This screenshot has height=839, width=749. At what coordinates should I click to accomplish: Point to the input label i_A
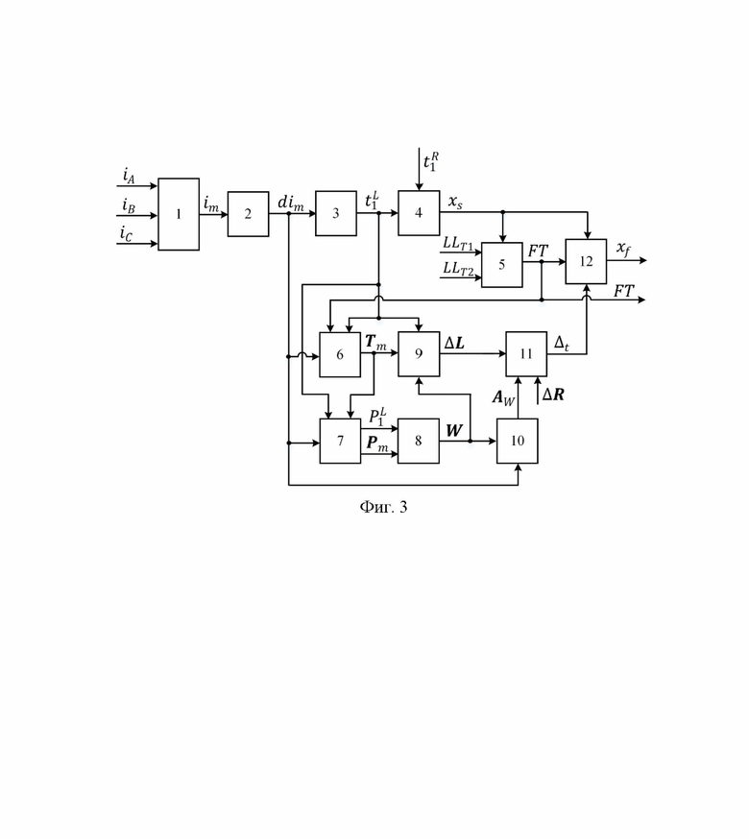pos(129,176)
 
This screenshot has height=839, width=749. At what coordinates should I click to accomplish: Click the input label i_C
pos(126,233)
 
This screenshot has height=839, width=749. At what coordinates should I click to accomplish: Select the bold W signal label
pos(454,430)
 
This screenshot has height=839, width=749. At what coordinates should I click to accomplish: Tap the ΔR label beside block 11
pos(553,395)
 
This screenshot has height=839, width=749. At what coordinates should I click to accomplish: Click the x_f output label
pos(623,249)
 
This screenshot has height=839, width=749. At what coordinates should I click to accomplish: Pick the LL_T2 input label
pos(458,269)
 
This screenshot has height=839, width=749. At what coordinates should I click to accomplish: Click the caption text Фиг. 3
pos(383,507)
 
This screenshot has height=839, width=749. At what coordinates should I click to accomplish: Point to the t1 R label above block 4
pos(431,161)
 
